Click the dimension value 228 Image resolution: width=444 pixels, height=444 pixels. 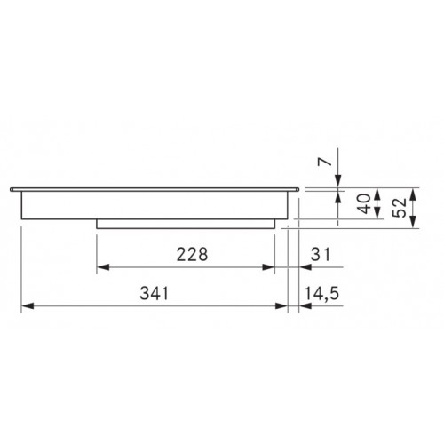[192, 254]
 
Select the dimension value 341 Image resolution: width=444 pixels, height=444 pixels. [155, 293]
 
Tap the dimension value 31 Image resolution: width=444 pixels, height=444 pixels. [321, 254]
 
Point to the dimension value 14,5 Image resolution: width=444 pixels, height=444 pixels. [321, 294]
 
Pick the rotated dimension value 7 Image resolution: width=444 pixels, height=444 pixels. [324, 162]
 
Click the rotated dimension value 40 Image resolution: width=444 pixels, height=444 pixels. [364, 203]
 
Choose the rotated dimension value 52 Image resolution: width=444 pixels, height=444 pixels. [400, 208]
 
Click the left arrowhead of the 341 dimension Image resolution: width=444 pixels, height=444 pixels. [28, 305]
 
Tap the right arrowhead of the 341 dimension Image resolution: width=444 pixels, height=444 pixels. [281, 305]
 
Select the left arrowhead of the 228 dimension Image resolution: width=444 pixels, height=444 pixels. [103, 267]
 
